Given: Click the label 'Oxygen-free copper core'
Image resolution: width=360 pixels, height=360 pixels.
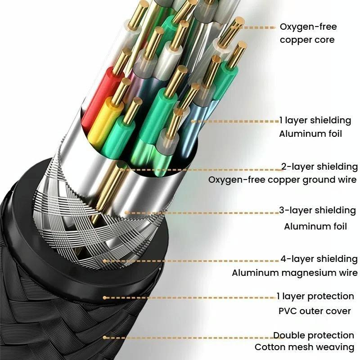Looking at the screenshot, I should click(308, 33).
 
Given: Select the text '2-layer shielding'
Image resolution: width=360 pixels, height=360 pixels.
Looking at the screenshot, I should click(319, 167).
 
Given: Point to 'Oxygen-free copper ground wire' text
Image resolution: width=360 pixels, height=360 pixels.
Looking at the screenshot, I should click(283, 180).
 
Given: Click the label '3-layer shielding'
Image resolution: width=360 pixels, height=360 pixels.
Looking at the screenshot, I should click(317, 210).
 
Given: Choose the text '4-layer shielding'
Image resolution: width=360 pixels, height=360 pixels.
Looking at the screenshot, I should click(319, 259).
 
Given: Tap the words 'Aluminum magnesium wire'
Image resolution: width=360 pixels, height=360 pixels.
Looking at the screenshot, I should click(295, 273).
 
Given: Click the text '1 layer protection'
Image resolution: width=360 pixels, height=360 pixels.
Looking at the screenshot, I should click(315, 296).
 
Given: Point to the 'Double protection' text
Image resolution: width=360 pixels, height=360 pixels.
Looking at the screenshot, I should click(314, 335).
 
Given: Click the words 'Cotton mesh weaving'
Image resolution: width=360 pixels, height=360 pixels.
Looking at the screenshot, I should click(305, 347).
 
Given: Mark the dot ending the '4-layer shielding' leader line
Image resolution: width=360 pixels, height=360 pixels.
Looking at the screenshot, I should click(105, 260).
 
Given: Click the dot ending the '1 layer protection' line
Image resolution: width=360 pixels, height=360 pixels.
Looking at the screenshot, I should click(104, 297).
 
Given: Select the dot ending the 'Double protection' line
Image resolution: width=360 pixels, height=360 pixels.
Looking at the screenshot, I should click(104, 337).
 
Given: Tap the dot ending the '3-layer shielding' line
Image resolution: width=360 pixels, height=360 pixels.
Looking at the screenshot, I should click(126, 212).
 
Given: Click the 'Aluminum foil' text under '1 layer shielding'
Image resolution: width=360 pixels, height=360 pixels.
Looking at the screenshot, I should click(310, 134).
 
